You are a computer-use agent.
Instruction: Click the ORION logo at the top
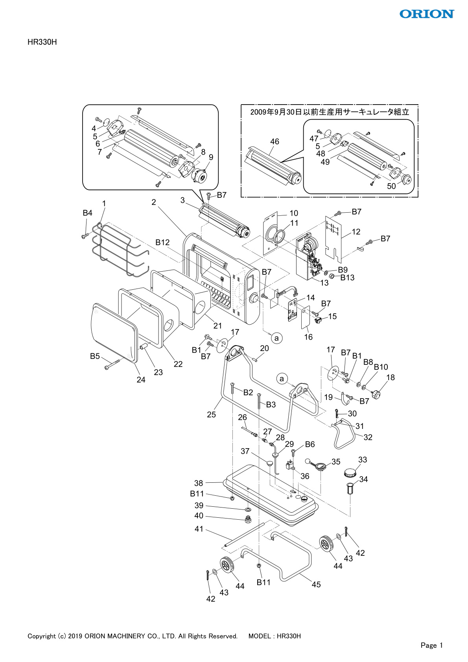pos(427,14)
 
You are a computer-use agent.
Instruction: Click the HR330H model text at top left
pos(42,42)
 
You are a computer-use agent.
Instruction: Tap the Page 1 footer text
pos(431,645)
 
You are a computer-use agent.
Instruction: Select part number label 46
pos(275,142)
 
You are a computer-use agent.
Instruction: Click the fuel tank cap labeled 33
pos(351,472)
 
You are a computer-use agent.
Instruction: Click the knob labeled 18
pos(377,394)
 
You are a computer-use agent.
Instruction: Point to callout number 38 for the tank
pos(199,483)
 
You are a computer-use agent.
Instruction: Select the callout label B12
pos(162,242)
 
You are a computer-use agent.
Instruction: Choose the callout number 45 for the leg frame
pos(316,585)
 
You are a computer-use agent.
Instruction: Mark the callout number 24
pos(141,379)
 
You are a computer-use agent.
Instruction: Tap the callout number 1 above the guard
pos(104,203)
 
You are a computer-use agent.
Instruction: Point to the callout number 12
pos(356,232)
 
